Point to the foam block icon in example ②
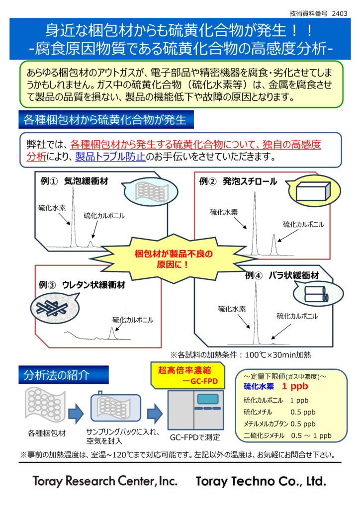310,191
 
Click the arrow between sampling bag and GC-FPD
155,412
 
